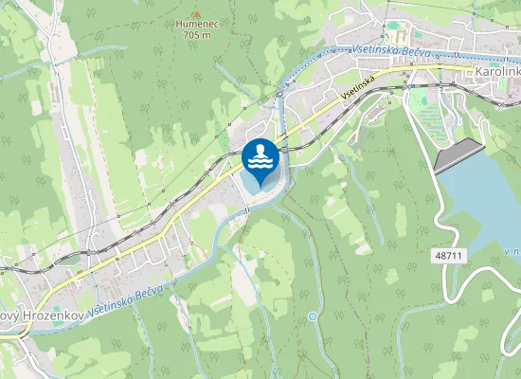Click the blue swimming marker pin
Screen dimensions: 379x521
pos(260,161)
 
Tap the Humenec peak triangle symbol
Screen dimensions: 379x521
pos(196,14)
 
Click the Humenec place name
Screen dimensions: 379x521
pos(196,25)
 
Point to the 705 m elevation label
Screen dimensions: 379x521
pos(196,35)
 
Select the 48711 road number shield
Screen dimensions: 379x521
pos(449,256)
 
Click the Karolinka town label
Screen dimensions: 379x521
pos(495,73)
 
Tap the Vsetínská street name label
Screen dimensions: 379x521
pos(358,86)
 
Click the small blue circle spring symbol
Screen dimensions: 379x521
pos(313,316)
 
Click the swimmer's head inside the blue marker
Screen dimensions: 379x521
pos(260,150)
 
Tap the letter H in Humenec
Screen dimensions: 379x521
pos(179,25)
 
